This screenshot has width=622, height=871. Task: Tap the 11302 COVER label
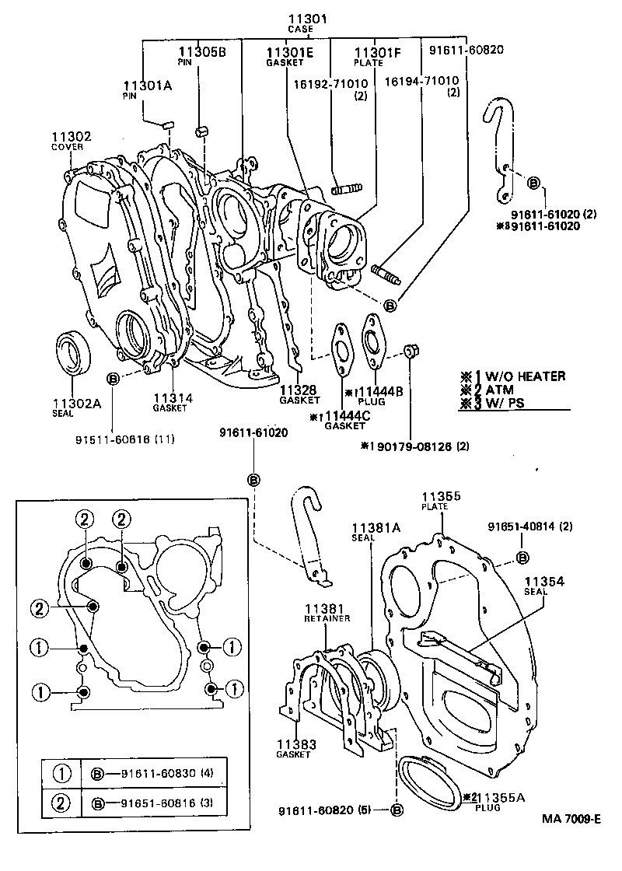(72, 141)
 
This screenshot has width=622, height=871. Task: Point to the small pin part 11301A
(166, 123)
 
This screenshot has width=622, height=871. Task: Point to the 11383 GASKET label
(296, 749)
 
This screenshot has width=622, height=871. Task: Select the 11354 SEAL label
(543, 585)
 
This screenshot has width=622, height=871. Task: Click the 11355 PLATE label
(442, 500)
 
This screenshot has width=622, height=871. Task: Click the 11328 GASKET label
(296, 394)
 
